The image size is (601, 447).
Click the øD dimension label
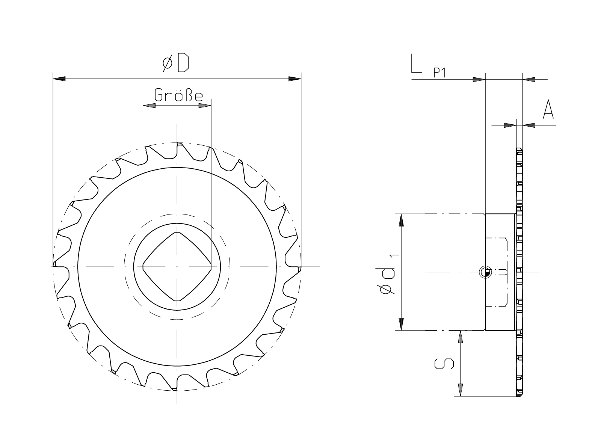point(175,63)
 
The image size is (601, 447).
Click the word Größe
point(178,95)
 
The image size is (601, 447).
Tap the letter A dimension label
point(548,109)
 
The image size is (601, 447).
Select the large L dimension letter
point(416,63)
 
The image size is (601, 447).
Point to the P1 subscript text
point(439,72)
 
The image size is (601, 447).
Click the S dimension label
point(444,364)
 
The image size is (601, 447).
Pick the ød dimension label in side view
point(385,281)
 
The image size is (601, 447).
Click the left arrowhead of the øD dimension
point(59,79)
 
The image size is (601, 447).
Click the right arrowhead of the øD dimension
point(295,79)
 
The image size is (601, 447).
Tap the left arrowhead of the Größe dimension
point(149,106)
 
